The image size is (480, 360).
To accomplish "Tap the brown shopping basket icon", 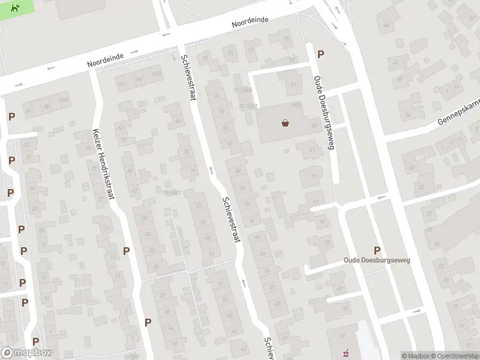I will (286, 123).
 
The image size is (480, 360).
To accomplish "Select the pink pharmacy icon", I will (345, 353).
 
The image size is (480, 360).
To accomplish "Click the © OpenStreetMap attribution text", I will (454, 356).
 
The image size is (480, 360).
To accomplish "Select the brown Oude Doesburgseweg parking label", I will (377, 260).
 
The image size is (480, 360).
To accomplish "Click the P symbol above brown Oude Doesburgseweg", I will (377, 250).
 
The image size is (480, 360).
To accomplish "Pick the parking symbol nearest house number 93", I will (321, 54).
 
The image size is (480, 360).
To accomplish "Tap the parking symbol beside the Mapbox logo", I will (35, 341).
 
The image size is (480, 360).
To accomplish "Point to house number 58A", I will (158, 73).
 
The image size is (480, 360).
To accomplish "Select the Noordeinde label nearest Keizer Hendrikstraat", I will (105, 57).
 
